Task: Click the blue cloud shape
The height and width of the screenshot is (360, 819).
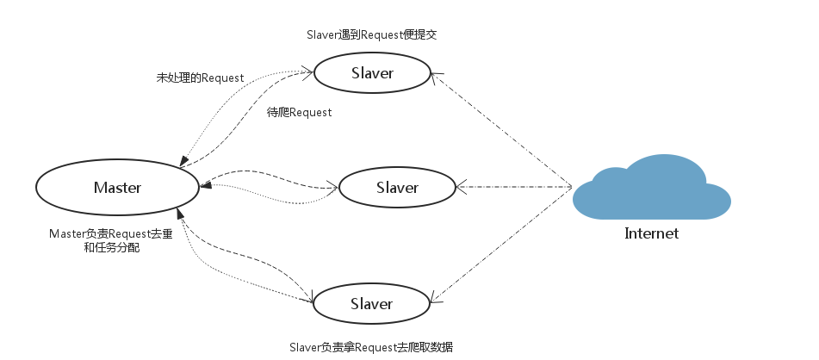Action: pos(651,188)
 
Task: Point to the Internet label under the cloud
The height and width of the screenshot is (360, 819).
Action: pos(651,233)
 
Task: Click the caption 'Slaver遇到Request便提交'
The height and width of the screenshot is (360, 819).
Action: pos(371,35)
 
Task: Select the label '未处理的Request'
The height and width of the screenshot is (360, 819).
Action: pos(200,78)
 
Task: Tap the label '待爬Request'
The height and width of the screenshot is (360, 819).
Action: pos(300,112)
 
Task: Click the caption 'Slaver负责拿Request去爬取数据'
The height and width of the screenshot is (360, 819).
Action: pos(371,347)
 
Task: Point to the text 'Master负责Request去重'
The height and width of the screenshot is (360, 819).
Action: pos(111,233)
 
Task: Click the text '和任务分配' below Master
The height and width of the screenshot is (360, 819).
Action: pos(112,248)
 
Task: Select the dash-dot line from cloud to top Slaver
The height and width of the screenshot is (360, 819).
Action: pos(502,129)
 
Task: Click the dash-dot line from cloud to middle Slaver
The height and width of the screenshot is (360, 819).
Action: pos(514,187)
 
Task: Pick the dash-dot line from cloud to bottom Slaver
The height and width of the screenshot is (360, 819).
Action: pos(501,245)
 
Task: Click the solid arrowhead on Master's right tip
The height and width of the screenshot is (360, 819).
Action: pos(205,184)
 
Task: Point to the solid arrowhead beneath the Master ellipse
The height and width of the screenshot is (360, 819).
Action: pos(180,213)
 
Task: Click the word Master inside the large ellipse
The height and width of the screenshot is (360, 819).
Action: pos(117,188)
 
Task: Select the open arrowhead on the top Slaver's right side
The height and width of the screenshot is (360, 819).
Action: pos(437,77)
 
